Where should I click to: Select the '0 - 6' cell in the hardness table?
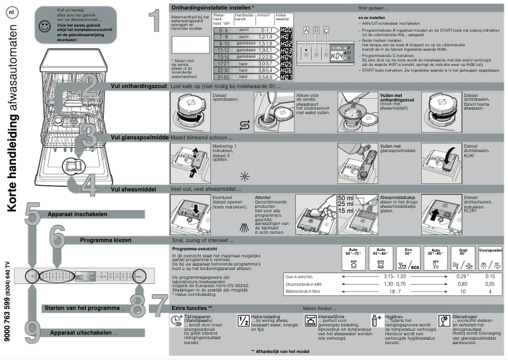[x=187, y=30]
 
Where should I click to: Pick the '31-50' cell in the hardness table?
[x=187, y=77]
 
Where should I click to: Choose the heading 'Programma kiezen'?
[x=108, y=240]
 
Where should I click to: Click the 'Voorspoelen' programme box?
[x=490, y=258]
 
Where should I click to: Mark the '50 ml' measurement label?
[x=346, y=198]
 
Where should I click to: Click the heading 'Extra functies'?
[x=192, y=307]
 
